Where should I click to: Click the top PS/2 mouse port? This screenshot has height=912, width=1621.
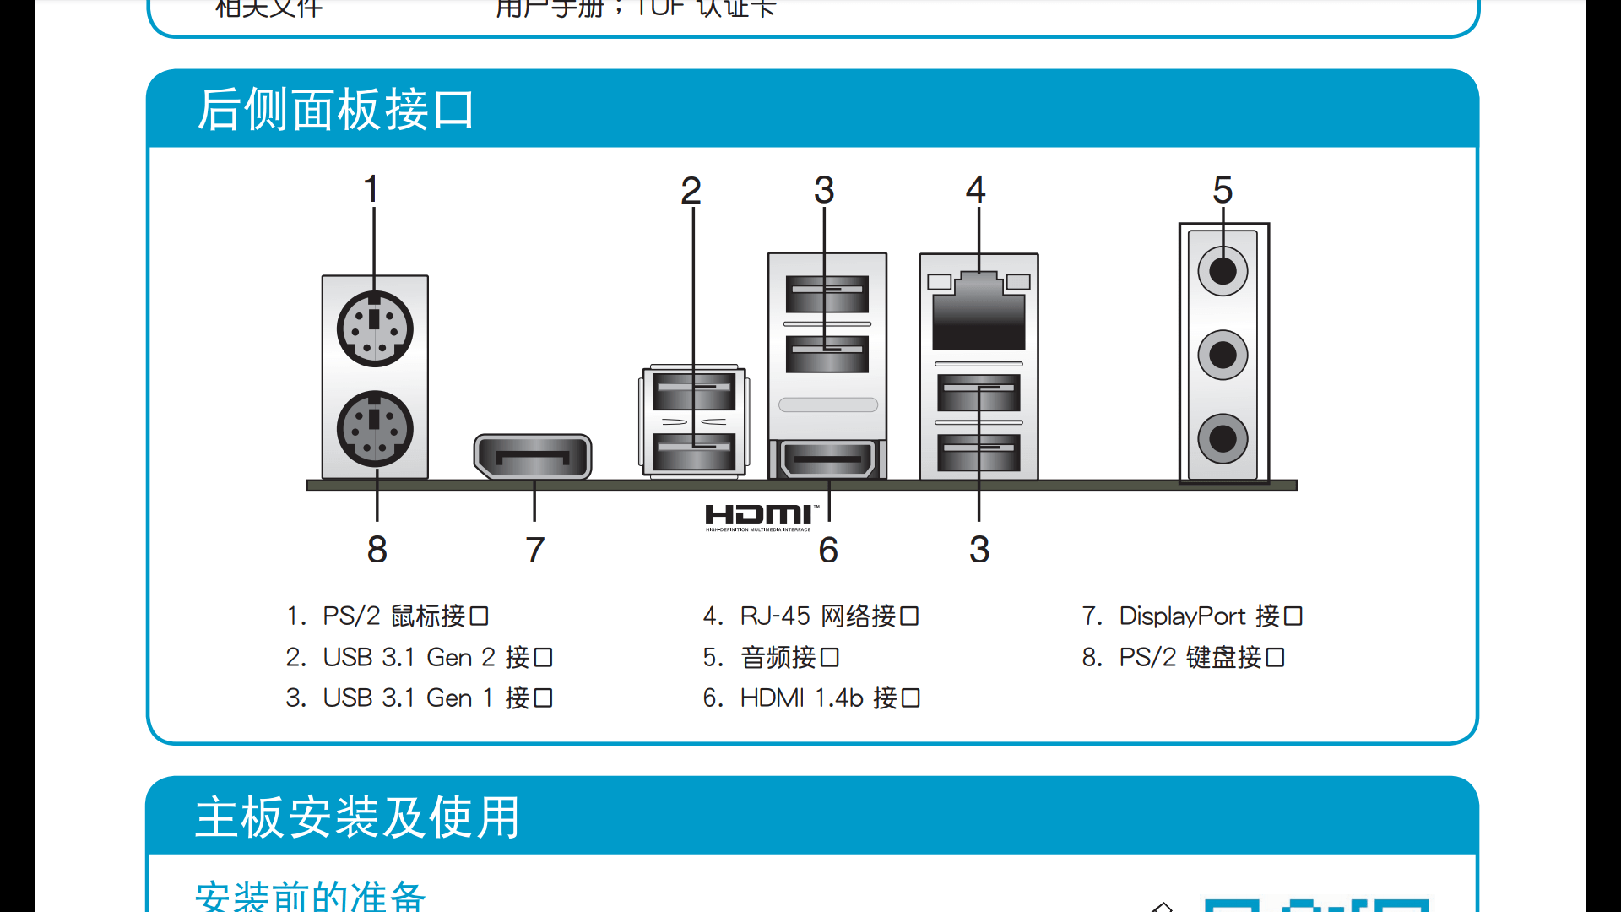click(375, 329)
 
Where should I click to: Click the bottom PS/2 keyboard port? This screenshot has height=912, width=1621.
click(375, 429)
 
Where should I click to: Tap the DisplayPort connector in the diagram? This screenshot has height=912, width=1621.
click(533, 457)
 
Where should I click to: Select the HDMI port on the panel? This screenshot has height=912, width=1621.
click(827, 459)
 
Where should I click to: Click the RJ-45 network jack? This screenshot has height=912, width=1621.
click(979, 312)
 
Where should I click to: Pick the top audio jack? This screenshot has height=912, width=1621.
click(1223, 271)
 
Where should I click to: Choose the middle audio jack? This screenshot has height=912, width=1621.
click(1223, 355)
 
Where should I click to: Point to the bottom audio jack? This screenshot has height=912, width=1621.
click(1223, 438)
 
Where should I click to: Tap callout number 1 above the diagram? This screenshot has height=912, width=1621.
click(371, 189)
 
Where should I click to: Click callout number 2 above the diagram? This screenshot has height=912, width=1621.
click(691, 191)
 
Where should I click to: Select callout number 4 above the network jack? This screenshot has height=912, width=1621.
click(975, 189)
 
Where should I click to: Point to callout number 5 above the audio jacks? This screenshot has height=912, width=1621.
click(1223, 190)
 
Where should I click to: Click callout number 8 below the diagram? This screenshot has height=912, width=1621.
click(377, 550)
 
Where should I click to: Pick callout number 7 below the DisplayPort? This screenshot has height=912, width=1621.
click(534, 551)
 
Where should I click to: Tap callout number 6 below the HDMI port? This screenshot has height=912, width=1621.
click(828, 551)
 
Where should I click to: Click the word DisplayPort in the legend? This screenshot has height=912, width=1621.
click(1182, 616)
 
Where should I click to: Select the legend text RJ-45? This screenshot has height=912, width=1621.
click(775, 616)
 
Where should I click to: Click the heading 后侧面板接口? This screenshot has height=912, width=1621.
click(335, 110)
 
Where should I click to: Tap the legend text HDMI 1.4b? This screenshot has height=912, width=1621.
click(801, 698)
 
